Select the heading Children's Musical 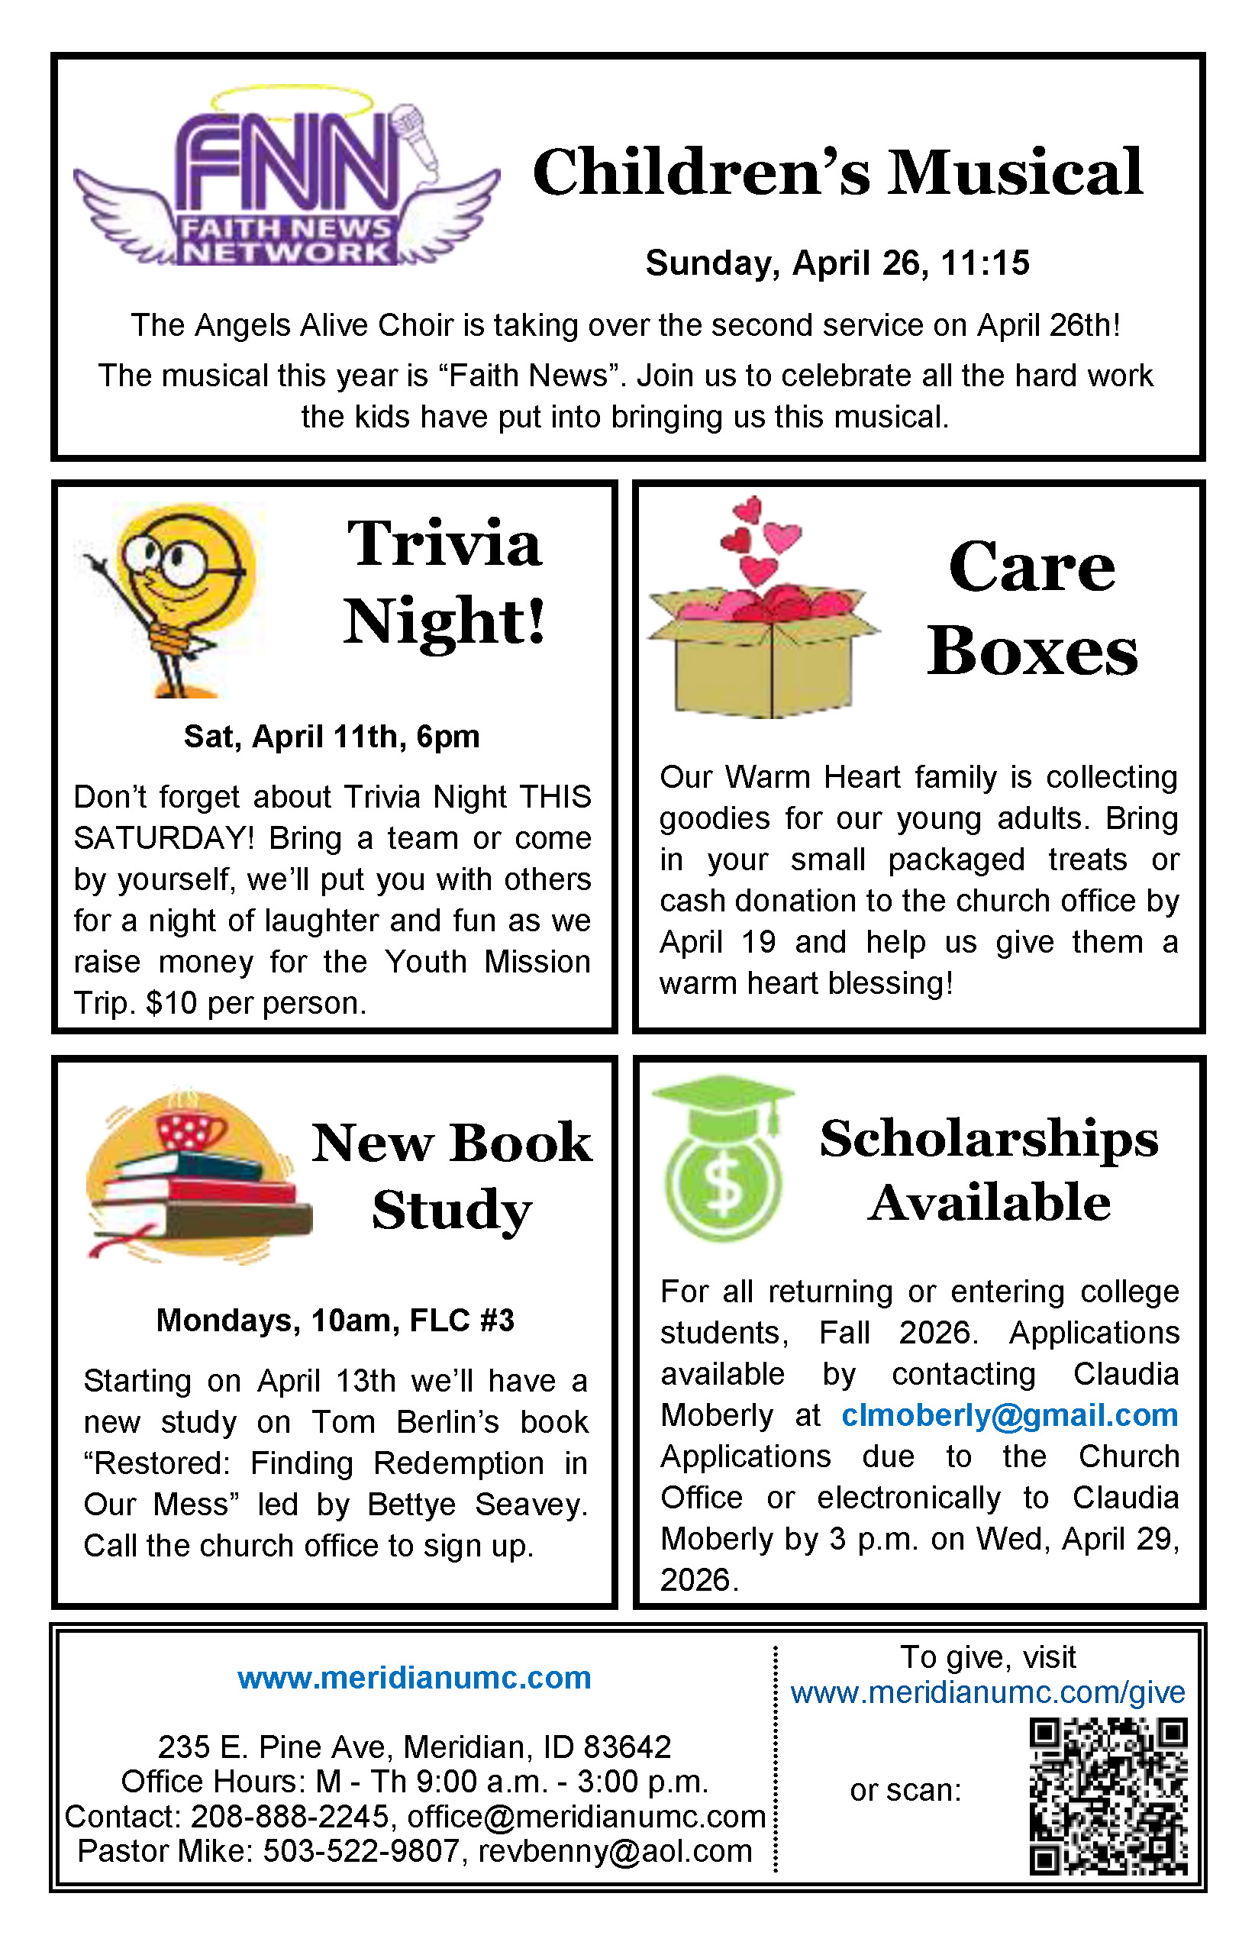coord(837,173)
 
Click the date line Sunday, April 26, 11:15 coord(837,263)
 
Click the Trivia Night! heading coord(444,582)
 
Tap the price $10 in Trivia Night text coord(171,1003)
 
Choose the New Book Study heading coord(451,1176)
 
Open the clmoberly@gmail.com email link coord(1010,1415)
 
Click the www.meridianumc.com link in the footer coord(414,1679)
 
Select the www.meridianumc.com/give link coord(988,1692)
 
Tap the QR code coord(1108,1796)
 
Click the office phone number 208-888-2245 coord(290,1816)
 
